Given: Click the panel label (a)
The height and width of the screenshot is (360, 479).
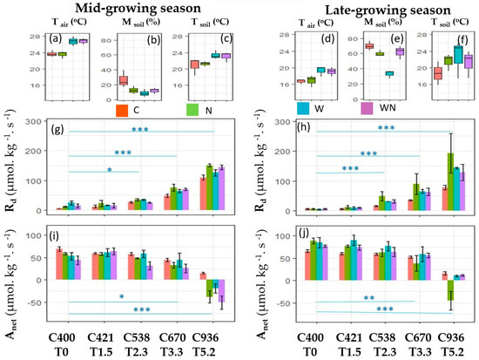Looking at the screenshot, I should tap(59, 38).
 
